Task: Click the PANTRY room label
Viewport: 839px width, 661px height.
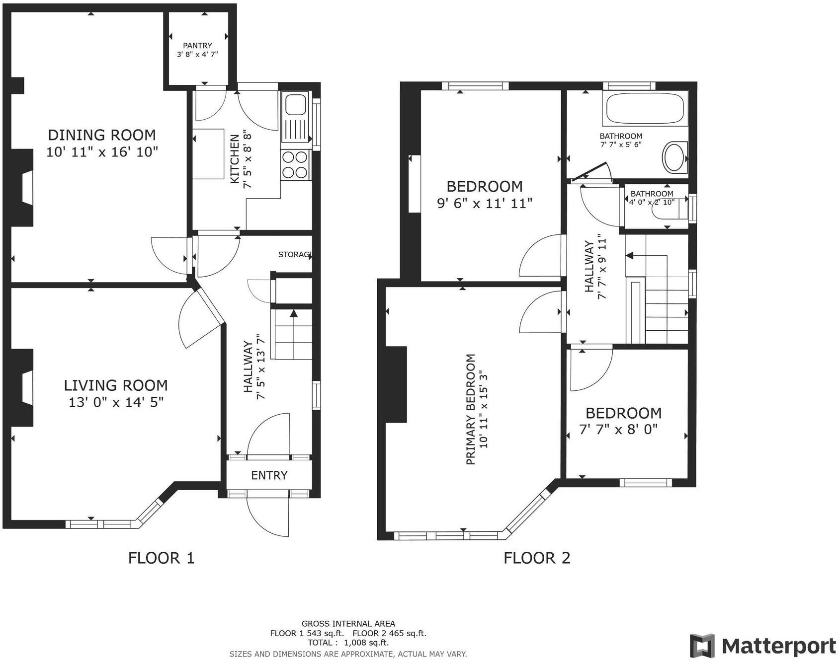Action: (x=197, y=45)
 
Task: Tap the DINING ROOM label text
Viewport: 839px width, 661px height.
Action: (x=102, y=135)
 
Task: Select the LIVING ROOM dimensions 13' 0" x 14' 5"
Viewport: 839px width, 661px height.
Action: (x=116, y=402)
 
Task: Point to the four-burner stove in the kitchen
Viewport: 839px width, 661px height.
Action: (x=295, y=165)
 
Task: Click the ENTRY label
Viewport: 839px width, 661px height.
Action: (x=269, y=476)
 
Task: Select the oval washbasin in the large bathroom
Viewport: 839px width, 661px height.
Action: (x=674, y=157)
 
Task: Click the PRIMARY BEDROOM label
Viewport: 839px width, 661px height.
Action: (x=471, y=409)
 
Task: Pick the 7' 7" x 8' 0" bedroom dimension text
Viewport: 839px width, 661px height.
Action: (x=619, y=430)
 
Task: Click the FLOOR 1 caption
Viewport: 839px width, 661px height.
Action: (x=161, y=558)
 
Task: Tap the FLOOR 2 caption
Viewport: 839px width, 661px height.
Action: (x=537, y=558)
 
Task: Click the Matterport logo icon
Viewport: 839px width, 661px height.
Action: (x=702, y=646)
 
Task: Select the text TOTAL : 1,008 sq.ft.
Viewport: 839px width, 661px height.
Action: (x=348, y=643)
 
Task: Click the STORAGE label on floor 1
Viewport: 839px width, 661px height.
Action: (x=295, y=255)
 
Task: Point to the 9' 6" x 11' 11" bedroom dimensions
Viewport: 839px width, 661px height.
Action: (x=485, y=203)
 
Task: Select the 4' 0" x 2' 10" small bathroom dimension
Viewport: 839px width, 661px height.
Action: (x=651, y=202)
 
